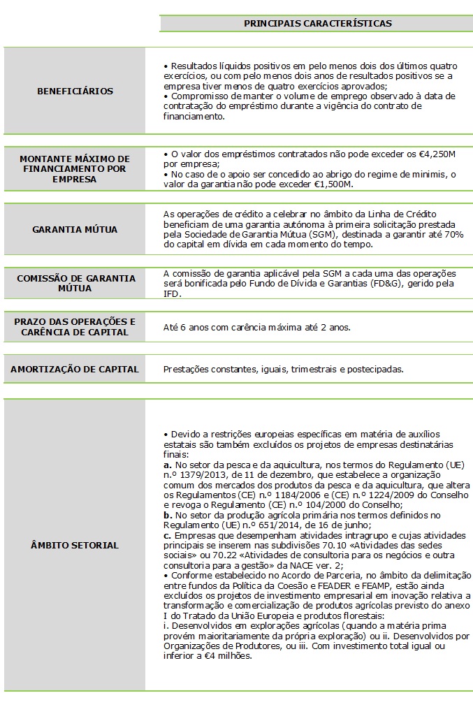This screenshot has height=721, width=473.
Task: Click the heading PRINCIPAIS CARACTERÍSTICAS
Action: [317, 24]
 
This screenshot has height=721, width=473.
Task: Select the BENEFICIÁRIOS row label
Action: [75, 91]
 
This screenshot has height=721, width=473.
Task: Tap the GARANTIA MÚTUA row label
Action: [75, 229]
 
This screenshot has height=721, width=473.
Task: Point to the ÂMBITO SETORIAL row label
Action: [75, 545]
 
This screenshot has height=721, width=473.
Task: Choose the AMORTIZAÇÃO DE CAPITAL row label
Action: [75, 369]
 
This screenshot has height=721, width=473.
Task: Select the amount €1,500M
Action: [333, 184]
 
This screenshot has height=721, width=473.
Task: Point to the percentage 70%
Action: [453, 235]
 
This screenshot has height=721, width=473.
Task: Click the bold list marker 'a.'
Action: [168, 464]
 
